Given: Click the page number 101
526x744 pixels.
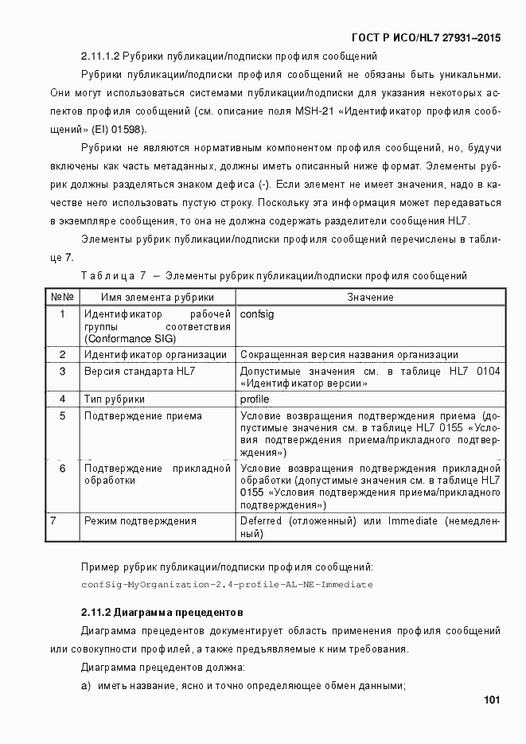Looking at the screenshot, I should pyautogui.click(x=491, y=700).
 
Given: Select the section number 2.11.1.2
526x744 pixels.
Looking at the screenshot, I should pyautogui.click(x=99, y=56).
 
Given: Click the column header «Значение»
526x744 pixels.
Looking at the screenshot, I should pyautogui.click(x=370, y=297).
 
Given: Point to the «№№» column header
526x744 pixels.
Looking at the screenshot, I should pyautogui.click(x=62, y=297).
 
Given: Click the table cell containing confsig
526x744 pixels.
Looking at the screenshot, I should pyautogui.click(x=256, y=314).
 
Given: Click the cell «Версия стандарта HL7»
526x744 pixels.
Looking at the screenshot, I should pyautogui.click(x=140, y=371).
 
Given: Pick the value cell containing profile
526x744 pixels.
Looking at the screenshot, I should pyautogui.click(x=255, y=399).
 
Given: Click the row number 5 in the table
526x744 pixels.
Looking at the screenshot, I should pyautogui.click(x=62, y=415).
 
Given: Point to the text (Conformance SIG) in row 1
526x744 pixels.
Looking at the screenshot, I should pyautogui.click(x=130, y=338).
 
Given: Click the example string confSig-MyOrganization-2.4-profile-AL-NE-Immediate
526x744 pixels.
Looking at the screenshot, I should pyautogui.click(x=227, y=584).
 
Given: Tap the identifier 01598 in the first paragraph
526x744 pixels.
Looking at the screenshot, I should pyautogui.click(x=132, y=129).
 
